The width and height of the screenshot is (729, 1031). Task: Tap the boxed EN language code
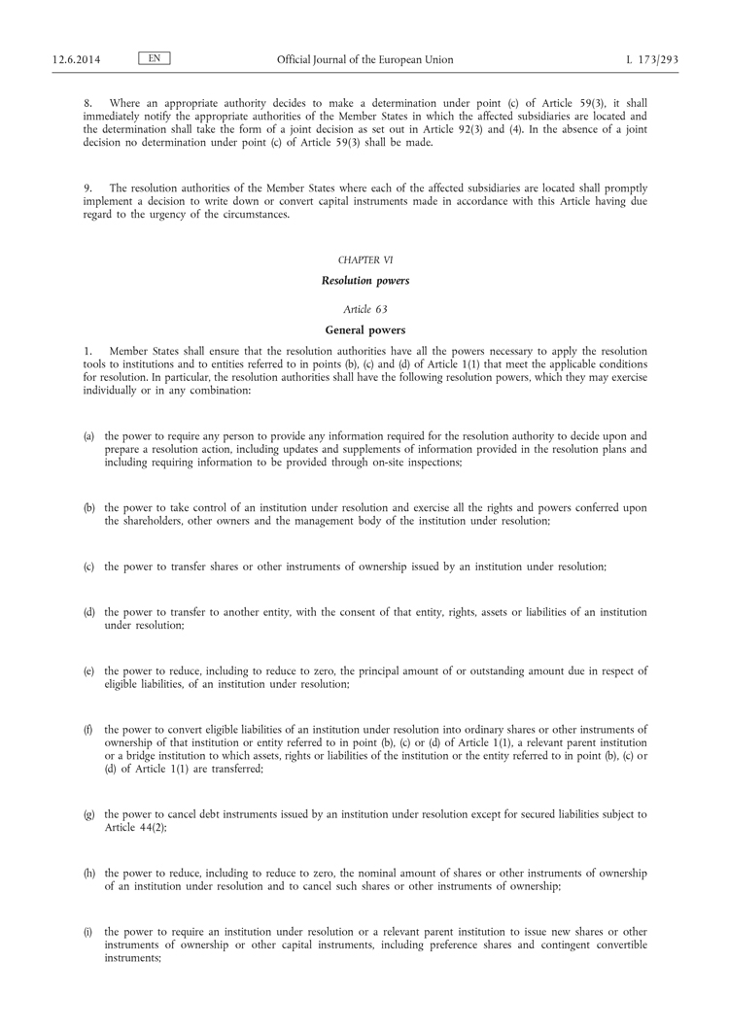(x=155, y=59)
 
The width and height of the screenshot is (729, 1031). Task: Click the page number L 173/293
(x=652, y=60)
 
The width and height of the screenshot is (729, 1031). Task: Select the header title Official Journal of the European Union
(x=364, y=60)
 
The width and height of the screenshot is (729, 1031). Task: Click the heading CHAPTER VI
(x=364, y=260)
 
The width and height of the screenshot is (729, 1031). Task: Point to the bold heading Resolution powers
(x=364, y=281)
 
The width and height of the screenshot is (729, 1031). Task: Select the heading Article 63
(x=364, y=309)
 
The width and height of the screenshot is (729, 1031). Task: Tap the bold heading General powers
(x=364, y=329)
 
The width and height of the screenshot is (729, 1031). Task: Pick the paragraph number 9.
(x=87, y=188)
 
